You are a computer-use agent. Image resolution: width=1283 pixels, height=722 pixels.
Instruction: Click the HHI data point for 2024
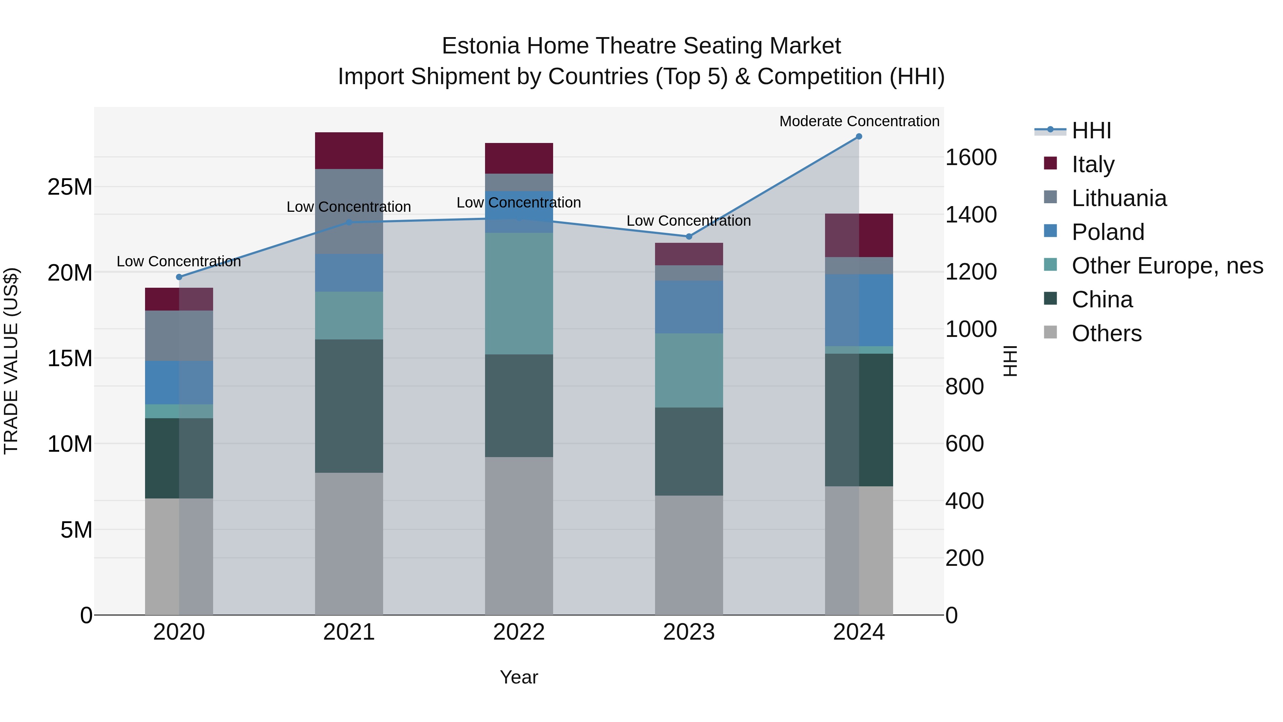(859, 137)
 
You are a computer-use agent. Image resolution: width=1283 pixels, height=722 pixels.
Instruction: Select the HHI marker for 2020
(179, 277)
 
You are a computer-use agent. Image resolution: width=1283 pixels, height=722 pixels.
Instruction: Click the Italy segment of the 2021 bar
(349, 150)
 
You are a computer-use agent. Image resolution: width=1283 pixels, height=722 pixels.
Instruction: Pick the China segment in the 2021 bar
(349, 406)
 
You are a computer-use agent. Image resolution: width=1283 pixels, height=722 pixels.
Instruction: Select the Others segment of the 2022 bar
(519, 536)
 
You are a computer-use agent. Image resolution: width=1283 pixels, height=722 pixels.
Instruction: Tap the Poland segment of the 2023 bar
(689, 307)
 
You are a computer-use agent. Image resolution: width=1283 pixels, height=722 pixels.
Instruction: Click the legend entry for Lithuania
(1119, 198)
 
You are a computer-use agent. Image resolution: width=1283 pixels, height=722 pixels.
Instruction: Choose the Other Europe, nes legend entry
(1167, 266)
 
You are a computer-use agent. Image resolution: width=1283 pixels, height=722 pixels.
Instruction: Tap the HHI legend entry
(1091, 130)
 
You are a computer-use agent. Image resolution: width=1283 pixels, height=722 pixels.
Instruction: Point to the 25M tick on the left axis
(70, 187)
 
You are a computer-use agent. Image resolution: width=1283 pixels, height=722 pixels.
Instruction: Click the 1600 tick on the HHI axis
(971, 158)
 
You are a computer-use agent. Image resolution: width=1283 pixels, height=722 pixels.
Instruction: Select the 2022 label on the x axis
(519, 632)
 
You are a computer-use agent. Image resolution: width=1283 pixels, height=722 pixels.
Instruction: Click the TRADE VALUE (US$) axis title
(11, 361)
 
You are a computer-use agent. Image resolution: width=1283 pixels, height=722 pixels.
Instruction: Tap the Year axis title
(519, 677)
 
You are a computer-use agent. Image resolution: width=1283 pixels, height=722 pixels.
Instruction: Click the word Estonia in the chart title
(481, 46)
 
